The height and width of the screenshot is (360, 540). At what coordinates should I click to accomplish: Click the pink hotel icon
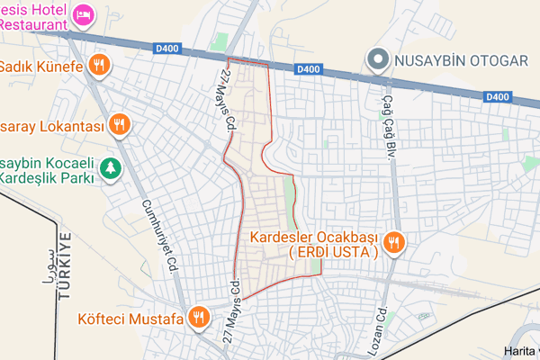pyautogui.click(x=83, y=14)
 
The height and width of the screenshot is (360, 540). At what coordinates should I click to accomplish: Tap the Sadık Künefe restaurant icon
pyautogui.click(x=100, y=66)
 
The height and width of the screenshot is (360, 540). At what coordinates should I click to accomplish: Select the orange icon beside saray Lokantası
pyautogui.click(x=118, y=123)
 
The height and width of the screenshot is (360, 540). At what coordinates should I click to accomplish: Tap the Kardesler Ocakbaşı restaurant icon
pyautogui.click(x=393, y=242)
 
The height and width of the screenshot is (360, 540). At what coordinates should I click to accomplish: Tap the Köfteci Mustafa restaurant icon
pyautogui.click(x=199, y=317)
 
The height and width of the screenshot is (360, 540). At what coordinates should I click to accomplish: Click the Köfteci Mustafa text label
pyautogui.click(x=129, y=317)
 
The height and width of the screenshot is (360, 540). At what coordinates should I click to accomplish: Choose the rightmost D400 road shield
pyautogui.click(x=496, y=95)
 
